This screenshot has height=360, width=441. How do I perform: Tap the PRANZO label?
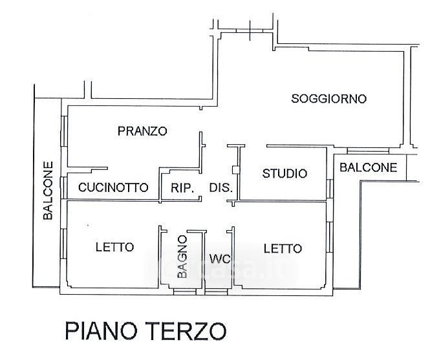142,131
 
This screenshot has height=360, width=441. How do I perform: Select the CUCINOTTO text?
113,187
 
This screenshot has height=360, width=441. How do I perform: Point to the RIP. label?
183,188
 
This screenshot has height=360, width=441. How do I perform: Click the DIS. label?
220,188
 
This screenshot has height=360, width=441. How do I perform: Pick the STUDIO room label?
285,173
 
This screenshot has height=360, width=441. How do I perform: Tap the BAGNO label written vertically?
183,257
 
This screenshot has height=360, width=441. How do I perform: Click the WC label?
220,259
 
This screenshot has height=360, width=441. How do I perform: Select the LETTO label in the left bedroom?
114,247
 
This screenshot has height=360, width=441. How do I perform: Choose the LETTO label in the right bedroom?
283,248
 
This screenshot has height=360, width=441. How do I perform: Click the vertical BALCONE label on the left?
48,191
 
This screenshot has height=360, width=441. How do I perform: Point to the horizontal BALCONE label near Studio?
369,167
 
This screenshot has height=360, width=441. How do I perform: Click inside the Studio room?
285,187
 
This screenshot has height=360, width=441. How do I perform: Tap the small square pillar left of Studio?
236,171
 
